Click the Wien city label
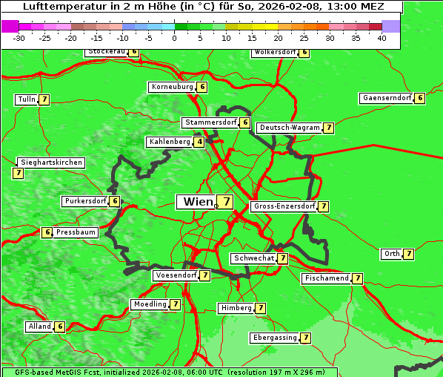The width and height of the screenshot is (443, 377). pos(196,202)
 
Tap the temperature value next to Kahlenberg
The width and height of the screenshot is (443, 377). pos(199,142)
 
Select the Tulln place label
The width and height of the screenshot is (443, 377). pos(26,99)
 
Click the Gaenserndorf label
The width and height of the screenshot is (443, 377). pos(385,98)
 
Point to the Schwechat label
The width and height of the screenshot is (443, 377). pos(253,258)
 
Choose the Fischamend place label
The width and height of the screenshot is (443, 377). pos(326,278)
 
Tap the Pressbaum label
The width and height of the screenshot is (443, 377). pos(76,232)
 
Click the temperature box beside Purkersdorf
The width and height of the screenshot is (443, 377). pos(114,201)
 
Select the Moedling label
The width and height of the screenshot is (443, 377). pos(150,304)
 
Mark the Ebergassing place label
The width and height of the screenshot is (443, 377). pos(274,338)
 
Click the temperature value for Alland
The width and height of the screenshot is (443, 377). pos(60,327)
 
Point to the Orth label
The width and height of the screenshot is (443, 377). pos(391,254)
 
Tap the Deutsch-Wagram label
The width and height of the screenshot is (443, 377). pos(290,128)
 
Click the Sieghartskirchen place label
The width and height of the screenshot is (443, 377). pos(51,163)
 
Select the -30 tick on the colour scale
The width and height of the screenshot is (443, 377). pos(19,37)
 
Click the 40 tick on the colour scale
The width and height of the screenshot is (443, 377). pos(382,37)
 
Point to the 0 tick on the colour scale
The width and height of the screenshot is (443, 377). pos(175,37)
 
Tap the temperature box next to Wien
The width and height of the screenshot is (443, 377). pos(224,202)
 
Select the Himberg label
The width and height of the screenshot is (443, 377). pos(236,308)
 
